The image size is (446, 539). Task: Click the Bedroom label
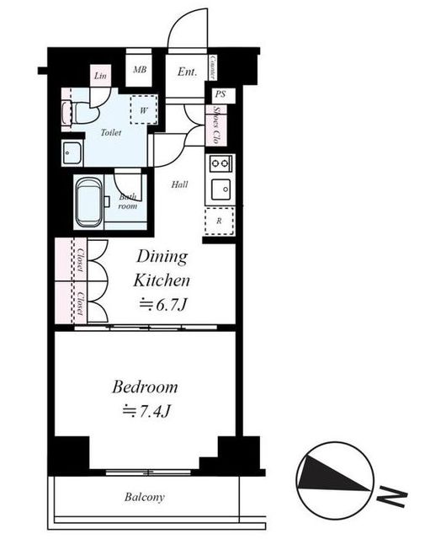(x=145, y=387)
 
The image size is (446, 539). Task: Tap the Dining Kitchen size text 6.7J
(x=163, y=304)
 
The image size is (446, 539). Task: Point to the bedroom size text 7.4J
(x=146, y=410)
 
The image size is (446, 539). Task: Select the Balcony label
(x=144, y=497)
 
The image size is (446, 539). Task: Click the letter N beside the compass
(x=392, y=498)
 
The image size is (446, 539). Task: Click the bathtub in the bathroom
(x=88, y=202)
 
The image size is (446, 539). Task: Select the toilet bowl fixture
(x=84, y=113)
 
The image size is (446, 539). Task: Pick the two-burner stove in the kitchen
(x=220, y=163)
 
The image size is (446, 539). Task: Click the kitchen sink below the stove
(x=220, y=189)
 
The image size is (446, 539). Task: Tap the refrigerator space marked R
(x=220, y=221)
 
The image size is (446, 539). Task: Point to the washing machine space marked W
(x=144, y=110)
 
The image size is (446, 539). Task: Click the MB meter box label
(x=140, y=70)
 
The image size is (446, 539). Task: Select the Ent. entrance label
(x=188, y=72)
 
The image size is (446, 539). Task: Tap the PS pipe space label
(x=220, y=93)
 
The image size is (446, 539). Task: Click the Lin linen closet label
(x=100, y=75)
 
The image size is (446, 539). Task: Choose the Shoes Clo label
(x=215, y=125)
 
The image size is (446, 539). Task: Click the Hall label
(x=180, y=184)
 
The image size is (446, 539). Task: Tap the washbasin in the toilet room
(x=72, y=153)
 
